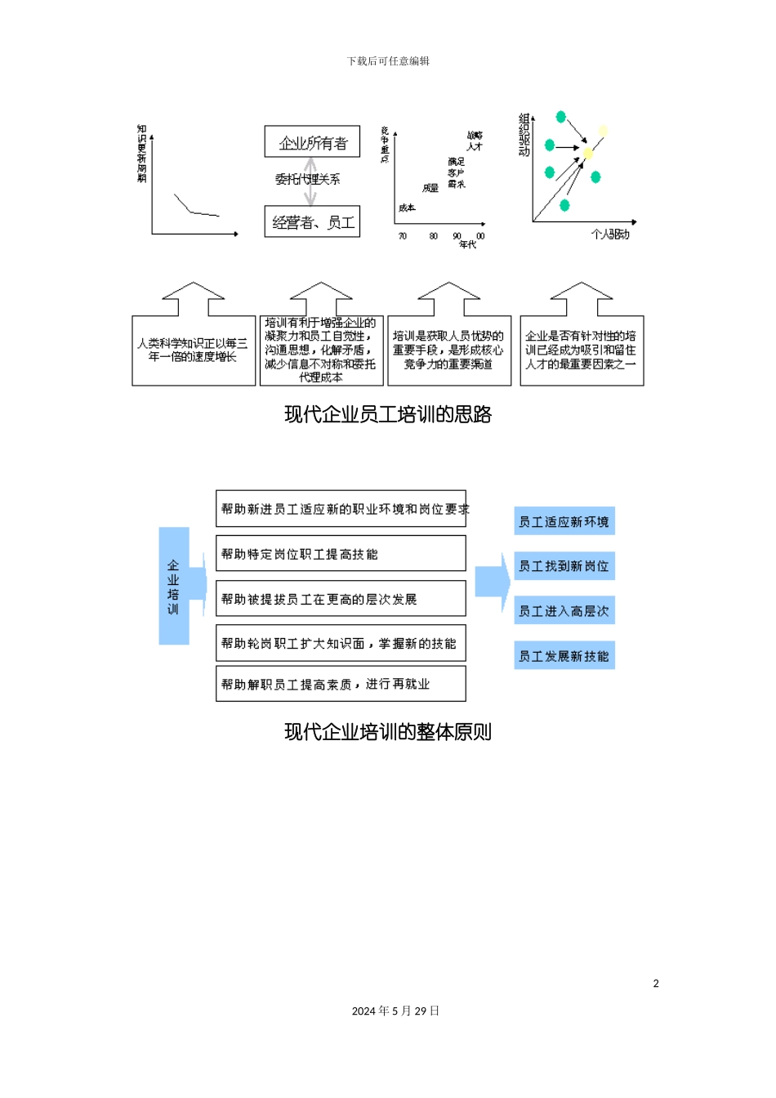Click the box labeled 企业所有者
[313, 142]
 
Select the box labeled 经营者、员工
[312, 221]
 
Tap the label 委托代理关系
[308, 179]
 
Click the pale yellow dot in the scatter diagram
[603, 130]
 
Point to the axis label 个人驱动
[610, 234]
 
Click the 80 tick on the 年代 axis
[433, 236]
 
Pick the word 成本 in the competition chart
[407, 208]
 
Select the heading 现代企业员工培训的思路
[388, 414]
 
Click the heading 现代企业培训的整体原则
[388, 732]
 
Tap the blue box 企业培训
[173, 586]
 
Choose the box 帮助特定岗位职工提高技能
[341, 554]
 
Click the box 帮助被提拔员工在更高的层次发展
[341, 599]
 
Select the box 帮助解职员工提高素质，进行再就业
[341, 684]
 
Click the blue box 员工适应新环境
[564, 521]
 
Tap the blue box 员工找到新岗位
[564, 566]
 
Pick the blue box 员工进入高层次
[564, 611]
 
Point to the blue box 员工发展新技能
[564, 656]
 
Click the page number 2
[656, 984]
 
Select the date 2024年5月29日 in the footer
[395, 1011]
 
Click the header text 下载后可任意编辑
[388, 61]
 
